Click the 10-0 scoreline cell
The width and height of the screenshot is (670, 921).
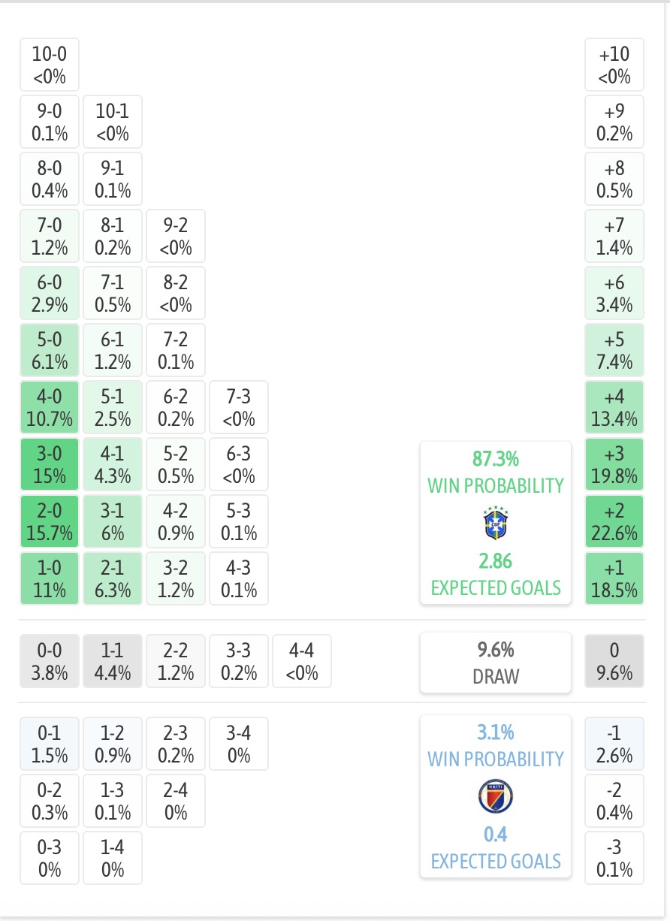click(x=50, y=65)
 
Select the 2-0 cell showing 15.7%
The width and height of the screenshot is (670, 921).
click(x=50, y=521)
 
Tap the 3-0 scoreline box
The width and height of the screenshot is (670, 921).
click(x=50, y=464)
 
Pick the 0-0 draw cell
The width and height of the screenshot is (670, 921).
click(x=50, y=661)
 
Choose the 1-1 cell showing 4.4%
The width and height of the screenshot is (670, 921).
click(x=113, y=661)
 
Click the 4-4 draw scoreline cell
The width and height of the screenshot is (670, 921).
click(x=302, y=661)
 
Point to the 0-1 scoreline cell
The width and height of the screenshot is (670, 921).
click(x=50, y=744)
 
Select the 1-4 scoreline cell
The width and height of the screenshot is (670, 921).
click(x=113, y=858)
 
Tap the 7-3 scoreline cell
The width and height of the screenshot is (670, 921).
click(x=239, y=407)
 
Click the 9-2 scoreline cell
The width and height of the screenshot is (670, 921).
click(x=176, y=236)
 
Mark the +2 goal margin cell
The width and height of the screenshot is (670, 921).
click(x=614, y=521)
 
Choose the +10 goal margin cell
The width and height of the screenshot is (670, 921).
click(x=614, y=65)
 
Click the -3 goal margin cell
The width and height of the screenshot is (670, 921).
click(x=614, y=858)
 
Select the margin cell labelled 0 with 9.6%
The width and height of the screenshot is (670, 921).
click(x=614, y=661)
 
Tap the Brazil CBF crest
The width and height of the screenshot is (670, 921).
click(x=496, y=523)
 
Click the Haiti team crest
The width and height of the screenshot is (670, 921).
click(x=496, y=796)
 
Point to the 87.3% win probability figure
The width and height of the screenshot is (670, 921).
click(x=496, y=459)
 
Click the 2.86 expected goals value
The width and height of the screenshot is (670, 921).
click(x=496, y=561)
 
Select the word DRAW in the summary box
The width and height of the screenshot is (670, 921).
click(x=496, y=677)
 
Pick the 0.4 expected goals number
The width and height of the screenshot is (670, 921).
click(x=496, y=835)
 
